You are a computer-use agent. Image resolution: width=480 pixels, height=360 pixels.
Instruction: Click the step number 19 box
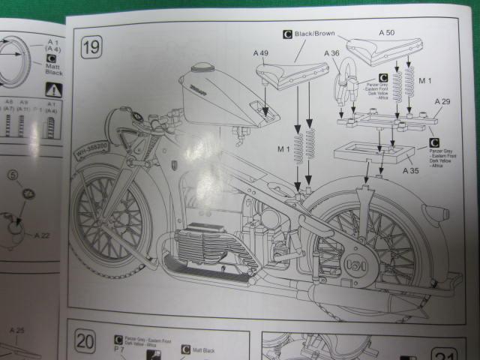[91, 49]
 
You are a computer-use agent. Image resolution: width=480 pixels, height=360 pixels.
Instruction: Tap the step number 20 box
[85, 342]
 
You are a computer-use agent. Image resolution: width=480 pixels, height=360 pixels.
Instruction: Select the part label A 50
[386, 33]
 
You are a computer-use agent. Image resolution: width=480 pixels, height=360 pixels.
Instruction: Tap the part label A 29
[442, 101]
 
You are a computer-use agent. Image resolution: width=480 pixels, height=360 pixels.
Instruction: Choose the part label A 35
[410, 171]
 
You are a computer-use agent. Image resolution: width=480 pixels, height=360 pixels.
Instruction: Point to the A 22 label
[43, 235]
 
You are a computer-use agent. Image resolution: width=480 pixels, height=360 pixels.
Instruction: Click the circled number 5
[13, 178]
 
